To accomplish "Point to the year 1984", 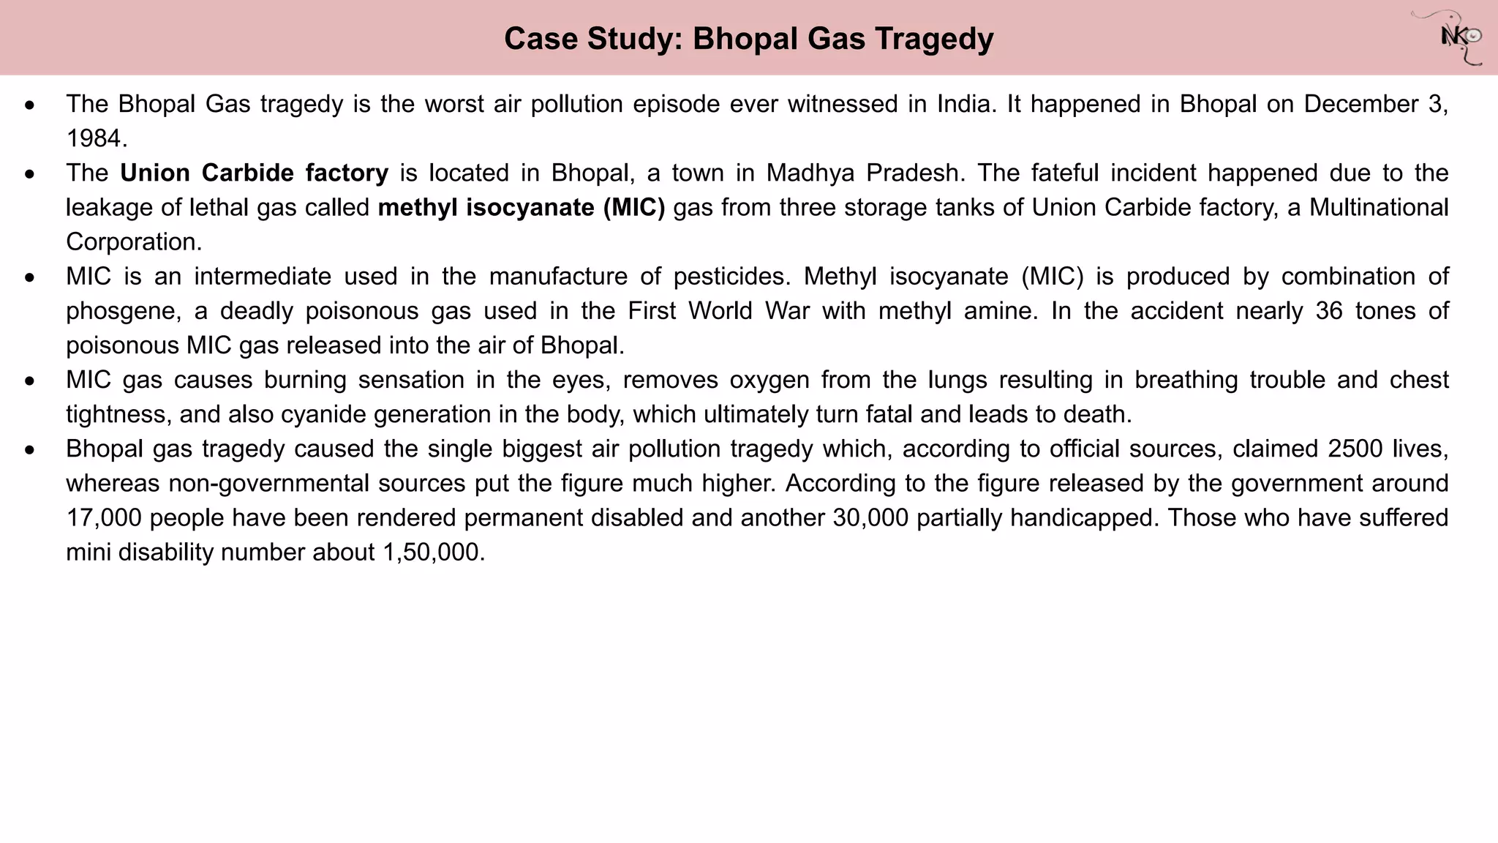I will (x=95, y=138).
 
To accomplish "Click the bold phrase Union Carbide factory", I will (x=255, y=173).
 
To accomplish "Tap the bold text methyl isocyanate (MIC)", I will (x=522, y=208).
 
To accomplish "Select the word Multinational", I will (x=1378, y=208).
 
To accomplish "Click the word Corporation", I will (x=132, y=242).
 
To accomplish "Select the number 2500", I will (x=1355, y=449).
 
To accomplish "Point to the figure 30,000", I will (x=870, y=517).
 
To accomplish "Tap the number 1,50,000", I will (x=433, y=552).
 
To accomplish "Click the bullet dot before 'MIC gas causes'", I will (x=29, y=381).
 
